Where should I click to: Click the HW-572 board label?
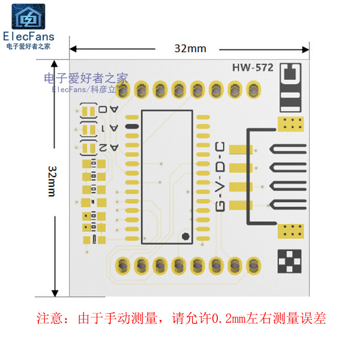(252, 68)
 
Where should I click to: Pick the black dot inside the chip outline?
(185, 236)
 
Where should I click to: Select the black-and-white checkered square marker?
(290, 261)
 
